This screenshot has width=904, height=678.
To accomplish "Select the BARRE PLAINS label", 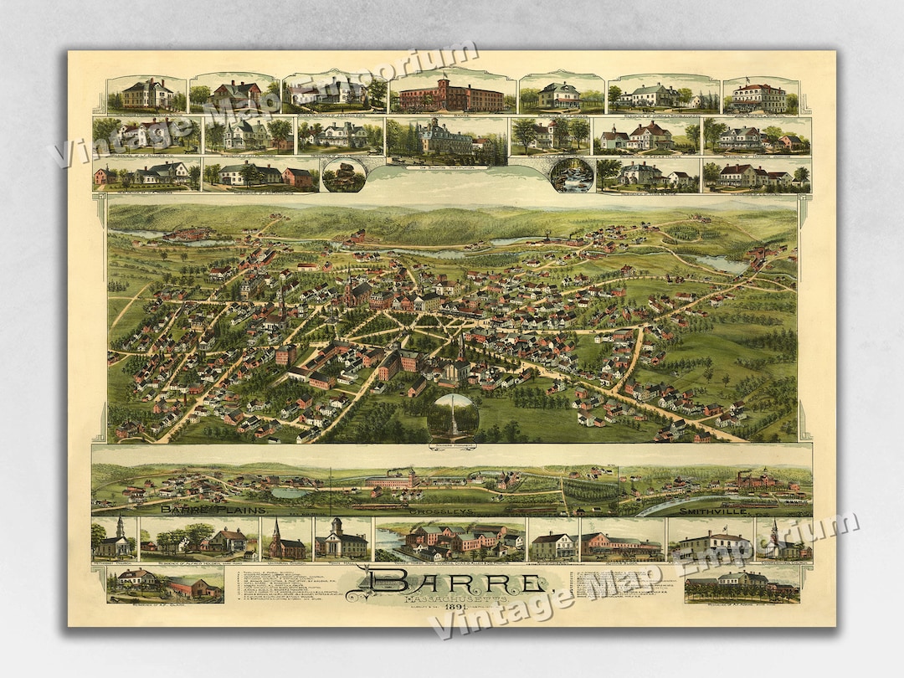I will coord(213,510).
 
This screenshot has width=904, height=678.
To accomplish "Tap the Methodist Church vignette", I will coord(115,540).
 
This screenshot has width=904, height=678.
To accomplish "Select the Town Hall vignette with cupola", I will coord(342,540).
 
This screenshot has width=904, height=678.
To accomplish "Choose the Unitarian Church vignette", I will coord(286,540).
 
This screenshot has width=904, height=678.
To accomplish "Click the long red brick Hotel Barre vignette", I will coord(452,94).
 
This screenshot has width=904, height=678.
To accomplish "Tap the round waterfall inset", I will coord(572,174).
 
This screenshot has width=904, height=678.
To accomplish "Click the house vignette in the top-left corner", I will coord(146,94).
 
